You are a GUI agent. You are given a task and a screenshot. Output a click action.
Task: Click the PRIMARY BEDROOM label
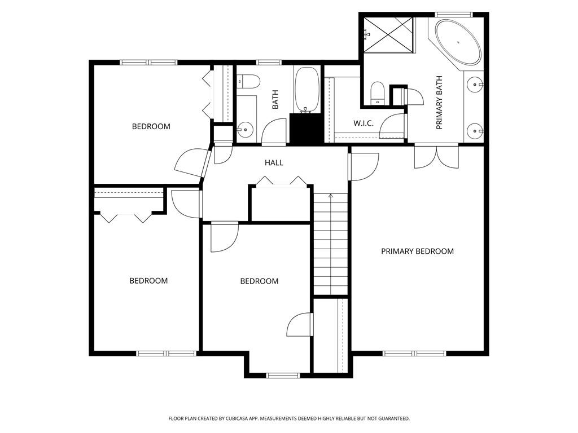point(417,251)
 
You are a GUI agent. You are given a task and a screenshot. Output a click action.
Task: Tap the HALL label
point(274,163)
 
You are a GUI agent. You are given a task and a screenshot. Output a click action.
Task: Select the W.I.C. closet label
point(364,123)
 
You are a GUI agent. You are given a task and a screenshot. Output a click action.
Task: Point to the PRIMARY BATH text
point(439,103)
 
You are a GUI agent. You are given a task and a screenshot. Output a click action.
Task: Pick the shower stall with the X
point(388,35)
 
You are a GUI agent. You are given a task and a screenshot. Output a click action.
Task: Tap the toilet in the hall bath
point(248,82)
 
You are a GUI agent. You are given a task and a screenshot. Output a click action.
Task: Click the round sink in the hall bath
point(245,130)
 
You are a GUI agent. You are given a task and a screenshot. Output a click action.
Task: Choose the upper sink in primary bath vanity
point(475,85)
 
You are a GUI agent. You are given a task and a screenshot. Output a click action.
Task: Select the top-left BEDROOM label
point(151,126)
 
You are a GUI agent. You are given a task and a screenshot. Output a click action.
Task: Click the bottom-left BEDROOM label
point(148,281)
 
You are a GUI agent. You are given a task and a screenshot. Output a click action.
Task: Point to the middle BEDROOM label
point(259,281)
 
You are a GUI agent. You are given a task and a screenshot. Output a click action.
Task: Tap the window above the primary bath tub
point(453,14)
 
